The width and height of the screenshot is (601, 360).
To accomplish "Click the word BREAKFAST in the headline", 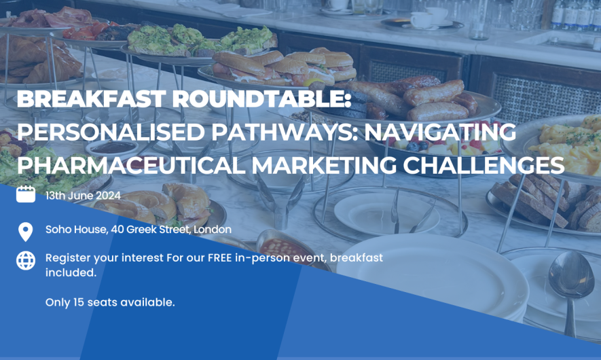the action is (91, 98).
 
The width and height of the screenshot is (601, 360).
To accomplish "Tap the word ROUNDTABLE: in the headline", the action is (261, 98).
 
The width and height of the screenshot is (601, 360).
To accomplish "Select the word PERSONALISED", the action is (111, 132).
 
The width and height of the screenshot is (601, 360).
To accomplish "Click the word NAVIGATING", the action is (440, 132).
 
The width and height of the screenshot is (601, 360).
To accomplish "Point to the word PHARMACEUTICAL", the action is (130, 165).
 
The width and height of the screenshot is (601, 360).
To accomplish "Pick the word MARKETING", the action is (324, 165).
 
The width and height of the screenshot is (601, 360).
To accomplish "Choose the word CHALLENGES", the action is (484, 165).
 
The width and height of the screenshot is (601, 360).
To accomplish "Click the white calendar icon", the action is (26, 194).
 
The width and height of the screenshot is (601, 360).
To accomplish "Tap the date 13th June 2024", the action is (83, 196).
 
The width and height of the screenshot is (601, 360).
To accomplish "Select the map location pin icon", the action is (26, 232).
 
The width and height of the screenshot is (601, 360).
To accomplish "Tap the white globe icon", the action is (26, 261).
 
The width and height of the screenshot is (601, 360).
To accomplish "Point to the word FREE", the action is (219, 257).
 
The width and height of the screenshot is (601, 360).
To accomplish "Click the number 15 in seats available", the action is (78, 302).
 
